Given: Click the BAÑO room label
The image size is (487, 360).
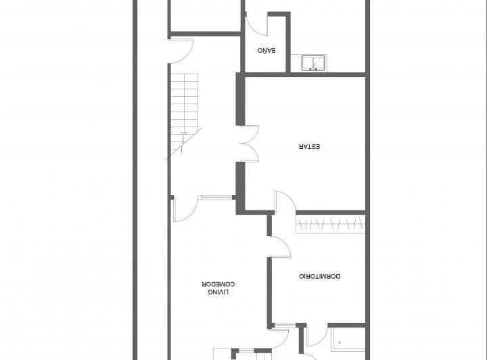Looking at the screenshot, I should click(265, 51).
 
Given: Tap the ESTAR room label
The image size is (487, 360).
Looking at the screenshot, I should click(309, 146).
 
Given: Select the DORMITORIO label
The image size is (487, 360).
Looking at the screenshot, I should click(319, 276).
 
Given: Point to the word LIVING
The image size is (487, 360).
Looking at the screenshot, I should click(218, 292).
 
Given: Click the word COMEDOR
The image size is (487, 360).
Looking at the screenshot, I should click(218, 284).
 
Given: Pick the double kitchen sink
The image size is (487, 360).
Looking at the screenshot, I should click(314, 63).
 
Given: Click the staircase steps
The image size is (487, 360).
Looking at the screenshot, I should click(184, 102).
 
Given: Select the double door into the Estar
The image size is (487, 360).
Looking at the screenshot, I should click(250, 143).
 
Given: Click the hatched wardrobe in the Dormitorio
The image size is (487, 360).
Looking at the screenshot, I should click(330, 224).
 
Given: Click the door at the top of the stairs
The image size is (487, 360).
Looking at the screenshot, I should click(181, 50).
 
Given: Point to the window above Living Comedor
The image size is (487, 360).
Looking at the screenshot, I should click(216, 197).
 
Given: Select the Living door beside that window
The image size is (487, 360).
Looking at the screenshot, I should click(183, 209).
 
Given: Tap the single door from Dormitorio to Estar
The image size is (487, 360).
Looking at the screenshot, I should click(284, 202).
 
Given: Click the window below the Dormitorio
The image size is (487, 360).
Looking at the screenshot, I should click(283, 325).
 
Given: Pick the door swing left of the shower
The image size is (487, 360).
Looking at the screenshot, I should click(315, 336).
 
